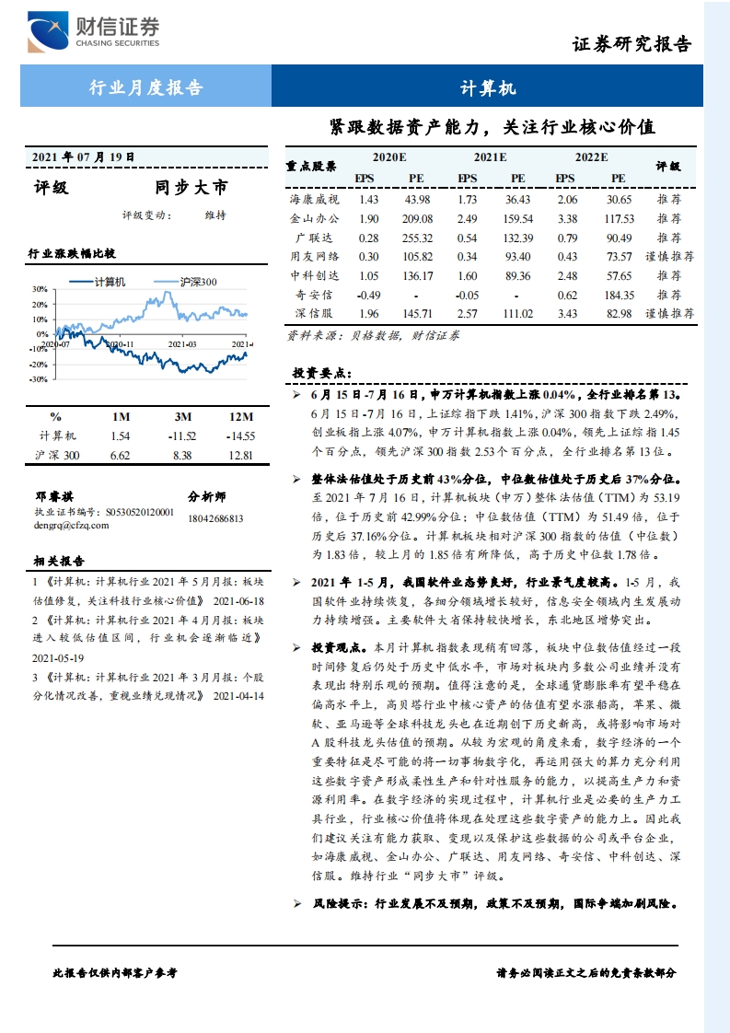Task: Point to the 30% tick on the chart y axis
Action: pos(40,289)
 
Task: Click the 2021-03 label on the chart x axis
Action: pos(182,343)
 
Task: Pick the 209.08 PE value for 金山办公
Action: pos(416,219)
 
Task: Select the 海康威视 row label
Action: pos(314,200)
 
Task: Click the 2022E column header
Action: pos(591,157)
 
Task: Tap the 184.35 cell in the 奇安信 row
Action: pos(618,296)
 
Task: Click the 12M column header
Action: pos(240,416)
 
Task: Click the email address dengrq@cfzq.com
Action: pos(71,526)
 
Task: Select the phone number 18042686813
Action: pos(215,518)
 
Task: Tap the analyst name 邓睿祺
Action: pos(54,496)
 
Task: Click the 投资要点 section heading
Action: pos(318,373)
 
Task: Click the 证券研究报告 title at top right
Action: pos(632,43)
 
